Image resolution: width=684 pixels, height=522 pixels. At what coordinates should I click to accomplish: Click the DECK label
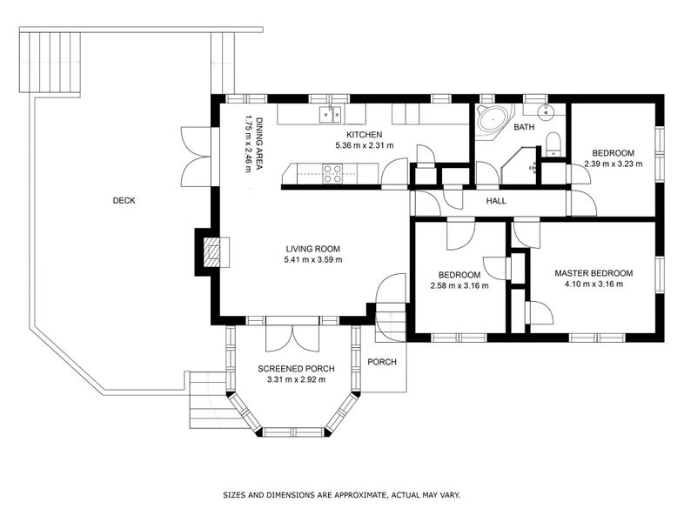[x=124, y=201]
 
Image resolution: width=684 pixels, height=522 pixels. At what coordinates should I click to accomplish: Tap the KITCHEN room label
[x=365, y=135]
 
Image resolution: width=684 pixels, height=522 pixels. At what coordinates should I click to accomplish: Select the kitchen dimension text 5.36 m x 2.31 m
[x=365, y=145]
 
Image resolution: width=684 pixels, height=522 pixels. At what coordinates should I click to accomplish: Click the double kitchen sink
[x=330, y=115]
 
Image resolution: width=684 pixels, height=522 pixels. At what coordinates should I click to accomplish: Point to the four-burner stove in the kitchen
[x=332, y=173]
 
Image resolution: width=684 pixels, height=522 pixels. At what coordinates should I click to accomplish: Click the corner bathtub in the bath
[x=492, y=119]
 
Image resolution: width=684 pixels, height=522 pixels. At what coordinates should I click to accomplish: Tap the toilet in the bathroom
[x=553, y=144]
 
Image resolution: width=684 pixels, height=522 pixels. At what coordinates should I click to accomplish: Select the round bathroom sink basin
[x=545, y=112]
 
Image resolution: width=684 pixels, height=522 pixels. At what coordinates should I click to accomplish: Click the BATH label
[x=524, y=127]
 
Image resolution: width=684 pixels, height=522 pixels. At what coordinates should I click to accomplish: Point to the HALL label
[x=496, y=201]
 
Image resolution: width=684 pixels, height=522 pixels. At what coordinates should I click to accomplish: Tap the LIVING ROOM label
[x=312, y=249]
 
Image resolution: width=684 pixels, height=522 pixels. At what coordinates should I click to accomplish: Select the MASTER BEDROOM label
[x=593, y=273]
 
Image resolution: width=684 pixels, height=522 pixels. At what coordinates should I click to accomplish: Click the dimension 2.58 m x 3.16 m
[x=459, y=286]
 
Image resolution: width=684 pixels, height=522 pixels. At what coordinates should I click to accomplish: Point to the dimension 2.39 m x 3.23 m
[x=614, y=164]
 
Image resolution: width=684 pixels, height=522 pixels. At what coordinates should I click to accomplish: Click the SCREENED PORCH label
[x=296, y=369]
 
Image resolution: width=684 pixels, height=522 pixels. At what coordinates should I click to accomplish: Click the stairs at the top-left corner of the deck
[x=50, y=63]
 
